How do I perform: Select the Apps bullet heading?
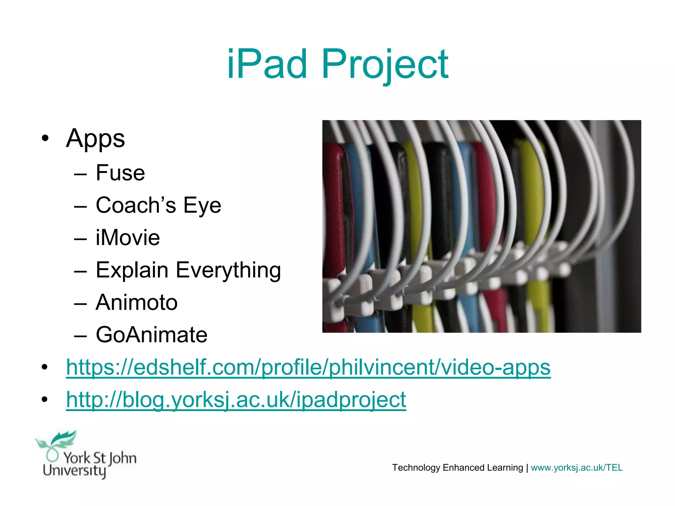tap(95, 139)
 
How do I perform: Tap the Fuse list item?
tap(120, 173)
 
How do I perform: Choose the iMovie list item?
tap(128, 238)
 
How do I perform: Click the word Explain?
tap(132, 270)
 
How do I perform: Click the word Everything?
tap(228, 270)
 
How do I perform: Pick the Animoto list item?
tap(136, 302)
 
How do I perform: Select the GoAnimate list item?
tap(151, 335)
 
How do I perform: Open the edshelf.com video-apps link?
tap(308, 367)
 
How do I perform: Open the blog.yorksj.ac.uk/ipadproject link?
tap(236, 399)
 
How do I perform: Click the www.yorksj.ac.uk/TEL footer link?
tap(576, 468)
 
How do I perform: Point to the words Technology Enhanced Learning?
tap(457, 468)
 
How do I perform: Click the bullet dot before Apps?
tap(45, 138)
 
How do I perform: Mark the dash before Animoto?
tap(80, 303)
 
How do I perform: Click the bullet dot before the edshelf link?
tap(45, 367)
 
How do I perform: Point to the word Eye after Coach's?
tap(202, 205)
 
